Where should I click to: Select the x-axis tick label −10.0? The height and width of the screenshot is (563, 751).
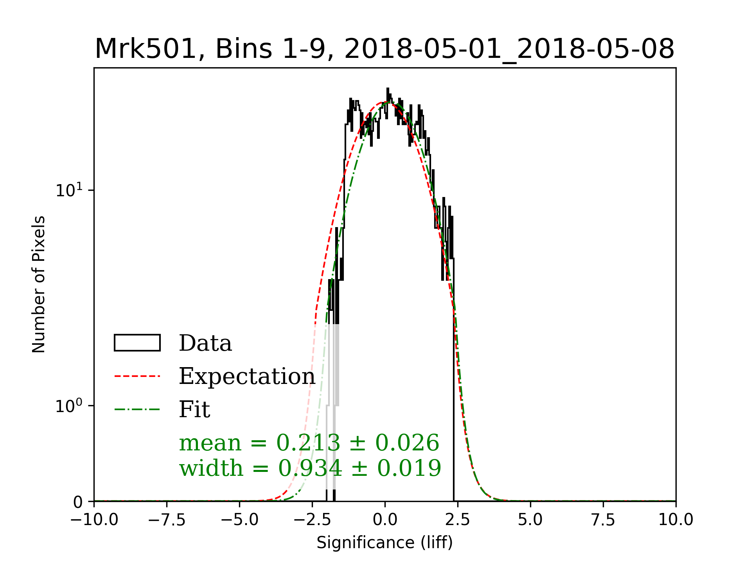94,520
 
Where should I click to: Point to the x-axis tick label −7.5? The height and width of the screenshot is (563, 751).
167,520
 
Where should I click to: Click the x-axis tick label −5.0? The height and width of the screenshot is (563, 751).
239,520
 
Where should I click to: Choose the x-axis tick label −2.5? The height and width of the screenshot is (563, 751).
312,520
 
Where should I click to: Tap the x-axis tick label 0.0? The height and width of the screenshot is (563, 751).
385,520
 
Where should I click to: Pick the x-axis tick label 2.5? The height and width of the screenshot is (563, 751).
458,520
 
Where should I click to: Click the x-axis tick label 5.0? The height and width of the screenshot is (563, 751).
530,520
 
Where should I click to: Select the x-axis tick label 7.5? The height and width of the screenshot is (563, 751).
603,520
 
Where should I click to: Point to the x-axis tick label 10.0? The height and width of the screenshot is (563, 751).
676,520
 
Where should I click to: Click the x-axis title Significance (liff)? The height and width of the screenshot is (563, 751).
384,543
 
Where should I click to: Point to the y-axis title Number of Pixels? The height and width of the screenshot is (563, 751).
39,284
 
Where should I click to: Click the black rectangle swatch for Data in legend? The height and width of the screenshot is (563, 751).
137,343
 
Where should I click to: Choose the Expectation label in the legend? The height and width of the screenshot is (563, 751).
247,377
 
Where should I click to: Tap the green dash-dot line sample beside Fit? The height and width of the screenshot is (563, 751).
137,410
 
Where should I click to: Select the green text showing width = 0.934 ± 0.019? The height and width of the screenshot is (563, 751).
310,468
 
